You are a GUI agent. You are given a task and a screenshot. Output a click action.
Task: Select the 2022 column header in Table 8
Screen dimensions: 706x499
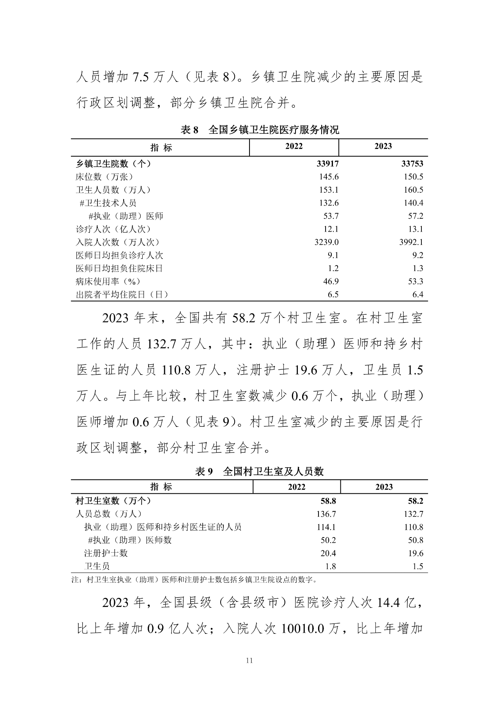pos(294,146)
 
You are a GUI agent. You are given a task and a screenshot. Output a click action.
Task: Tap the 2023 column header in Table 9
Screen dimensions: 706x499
pos(384,487)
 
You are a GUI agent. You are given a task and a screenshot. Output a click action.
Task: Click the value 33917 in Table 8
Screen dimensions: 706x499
pos(327,164)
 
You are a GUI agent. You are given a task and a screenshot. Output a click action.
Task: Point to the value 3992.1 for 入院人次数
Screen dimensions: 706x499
pos(411,242)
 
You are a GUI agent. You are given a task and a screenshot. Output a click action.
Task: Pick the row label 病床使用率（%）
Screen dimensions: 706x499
pos(108,282)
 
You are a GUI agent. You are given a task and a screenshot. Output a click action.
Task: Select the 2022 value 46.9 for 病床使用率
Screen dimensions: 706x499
pos(331,282)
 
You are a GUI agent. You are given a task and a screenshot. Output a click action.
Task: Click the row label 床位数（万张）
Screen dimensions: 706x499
pos(104,177)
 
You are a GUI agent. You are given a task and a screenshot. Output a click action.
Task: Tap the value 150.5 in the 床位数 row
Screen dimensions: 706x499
pos(414,177)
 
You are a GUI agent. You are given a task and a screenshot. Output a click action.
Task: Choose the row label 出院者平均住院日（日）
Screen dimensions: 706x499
pos(122,294)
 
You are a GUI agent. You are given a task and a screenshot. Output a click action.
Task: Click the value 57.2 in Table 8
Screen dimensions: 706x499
pos(415,216)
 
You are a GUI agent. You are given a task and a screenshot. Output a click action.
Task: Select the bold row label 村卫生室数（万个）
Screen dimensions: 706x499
pos(113,501)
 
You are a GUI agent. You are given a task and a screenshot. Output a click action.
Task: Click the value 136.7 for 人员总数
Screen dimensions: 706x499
pos(326,514)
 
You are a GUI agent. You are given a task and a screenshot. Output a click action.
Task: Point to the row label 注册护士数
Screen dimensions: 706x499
pos(106,553)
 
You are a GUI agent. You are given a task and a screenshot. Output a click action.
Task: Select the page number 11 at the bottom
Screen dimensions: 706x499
pos(249,660)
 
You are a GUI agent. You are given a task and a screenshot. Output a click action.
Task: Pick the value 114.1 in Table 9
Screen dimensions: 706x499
pos(326,527)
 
